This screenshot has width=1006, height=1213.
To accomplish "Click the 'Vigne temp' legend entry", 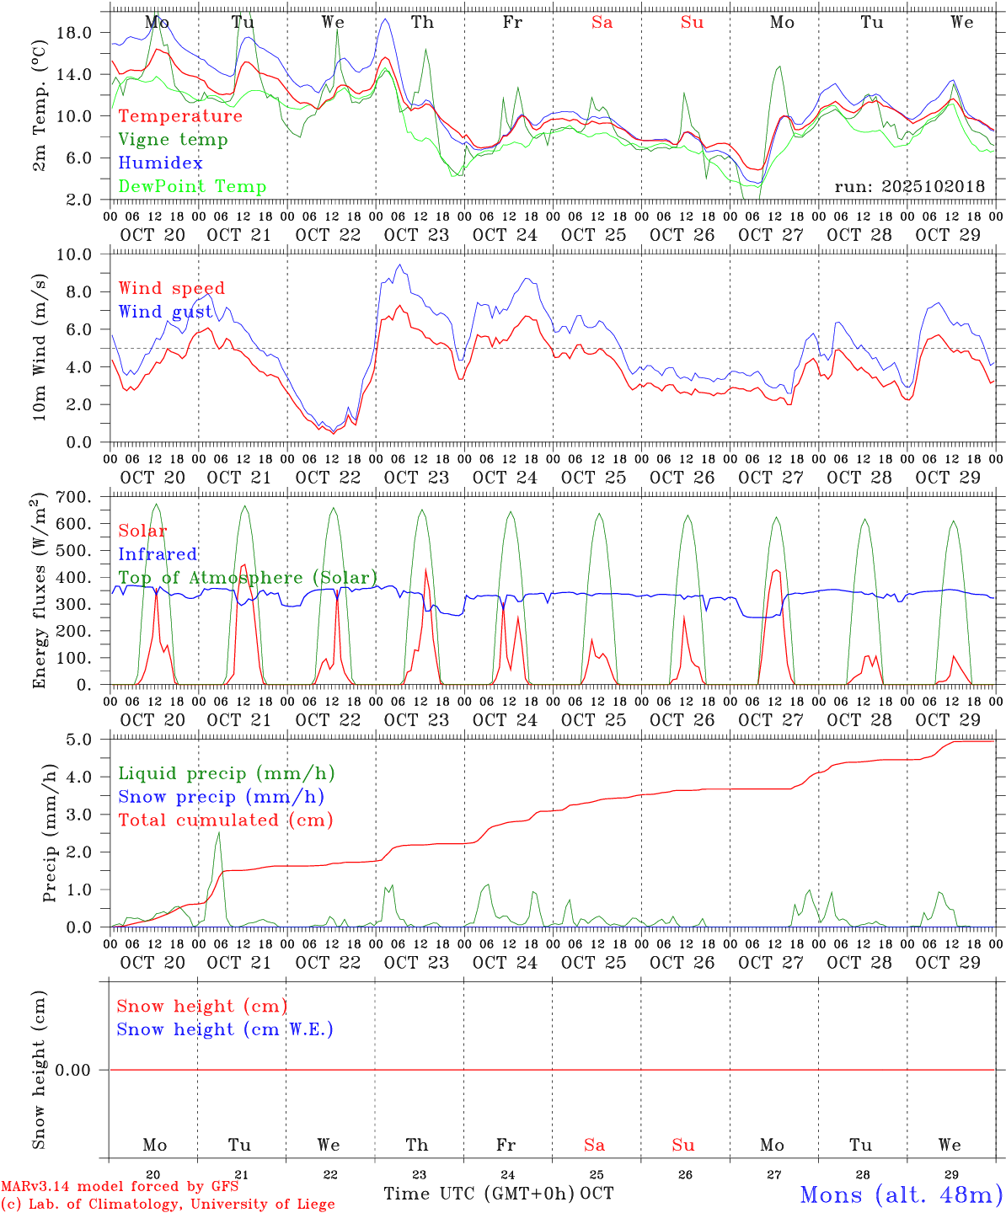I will (x=173, y=140).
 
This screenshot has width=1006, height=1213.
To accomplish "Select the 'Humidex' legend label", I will (x=160, y=163).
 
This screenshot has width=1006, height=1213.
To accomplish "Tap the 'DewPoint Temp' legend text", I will (x=192, y=187).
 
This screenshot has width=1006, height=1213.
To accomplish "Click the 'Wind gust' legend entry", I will (x=165, y=312).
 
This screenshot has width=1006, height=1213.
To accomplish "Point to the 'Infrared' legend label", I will (x=158, y=554).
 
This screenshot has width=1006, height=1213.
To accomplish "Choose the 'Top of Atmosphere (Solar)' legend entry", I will (x=247, y=578).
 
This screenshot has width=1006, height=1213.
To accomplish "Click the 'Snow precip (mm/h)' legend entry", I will (x=221, y=797).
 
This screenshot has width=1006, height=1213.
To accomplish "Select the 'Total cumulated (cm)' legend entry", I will (x=225, y=820).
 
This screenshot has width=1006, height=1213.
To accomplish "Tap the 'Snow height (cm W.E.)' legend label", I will (x=224, y=1029).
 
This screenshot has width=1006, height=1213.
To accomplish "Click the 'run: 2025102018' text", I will (x=909, y=187).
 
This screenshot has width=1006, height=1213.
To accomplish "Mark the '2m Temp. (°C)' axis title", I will (x=40, y=105).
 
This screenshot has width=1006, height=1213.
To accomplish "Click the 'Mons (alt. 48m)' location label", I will (x=901, y=1194).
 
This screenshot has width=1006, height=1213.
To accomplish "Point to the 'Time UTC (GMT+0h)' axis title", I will (x=479, y=1194).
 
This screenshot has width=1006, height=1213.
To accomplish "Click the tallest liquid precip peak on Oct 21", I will (x=218, y=833).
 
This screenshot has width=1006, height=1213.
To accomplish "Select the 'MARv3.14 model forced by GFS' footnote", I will (x=119, y=1187).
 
